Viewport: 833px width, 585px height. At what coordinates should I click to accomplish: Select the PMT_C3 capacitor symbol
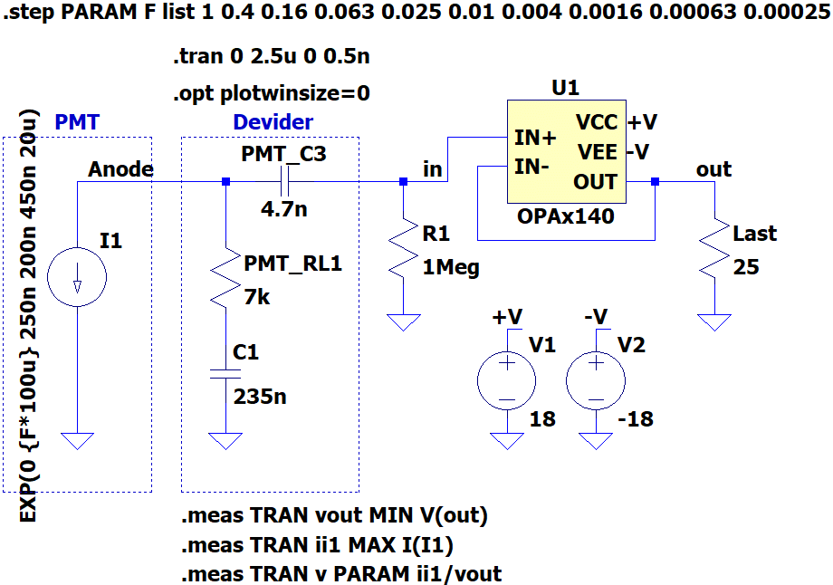click(x=284, y=182)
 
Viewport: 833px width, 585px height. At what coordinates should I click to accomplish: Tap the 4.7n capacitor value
click(x=283, y=209)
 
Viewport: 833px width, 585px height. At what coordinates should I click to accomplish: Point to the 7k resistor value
click(x=257, y=297)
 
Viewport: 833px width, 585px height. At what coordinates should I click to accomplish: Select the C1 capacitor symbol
click(x=225, y=374)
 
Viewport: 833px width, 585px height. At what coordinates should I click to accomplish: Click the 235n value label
click(x=260, y=397)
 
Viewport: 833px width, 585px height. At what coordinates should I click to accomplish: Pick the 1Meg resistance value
click(x=451, y=267)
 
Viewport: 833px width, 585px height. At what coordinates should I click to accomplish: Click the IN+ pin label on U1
click(x=535, y=138)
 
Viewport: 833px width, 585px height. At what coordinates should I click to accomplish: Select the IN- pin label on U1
click(x=531, y=167)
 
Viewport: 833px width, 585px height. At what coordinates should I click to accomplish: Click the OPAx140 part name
click(x=566, y=216)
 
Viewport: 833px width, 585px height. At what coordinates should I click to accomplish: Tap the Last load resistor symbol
click(x=714, y=247)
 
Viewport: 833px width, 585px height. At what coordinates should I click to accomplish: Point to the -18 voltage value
click(x=636, y=418)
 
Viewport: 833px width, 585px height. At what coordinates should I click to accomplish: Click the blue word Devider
click(x=273, y=122)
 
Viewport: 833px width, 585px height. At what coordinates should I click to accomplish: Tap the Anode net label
click(x=120, y=169)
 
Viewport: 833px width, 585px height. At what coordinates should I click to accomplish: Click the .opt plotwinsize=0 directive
click(x=272, y=93)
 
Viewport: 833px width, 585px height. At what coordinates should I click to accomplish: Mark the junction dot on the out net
click(x=655, y=182)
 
